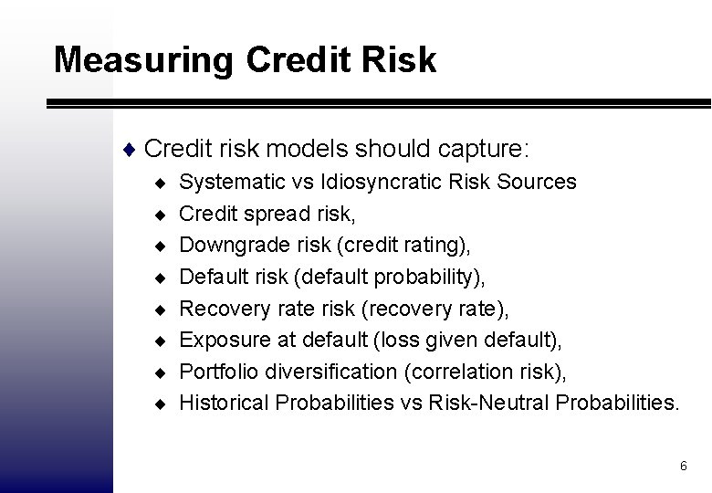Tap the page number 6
(x=683, y=467)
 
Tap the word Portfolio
(x=215, y=372)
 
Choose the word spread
(x=273, y=214)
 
